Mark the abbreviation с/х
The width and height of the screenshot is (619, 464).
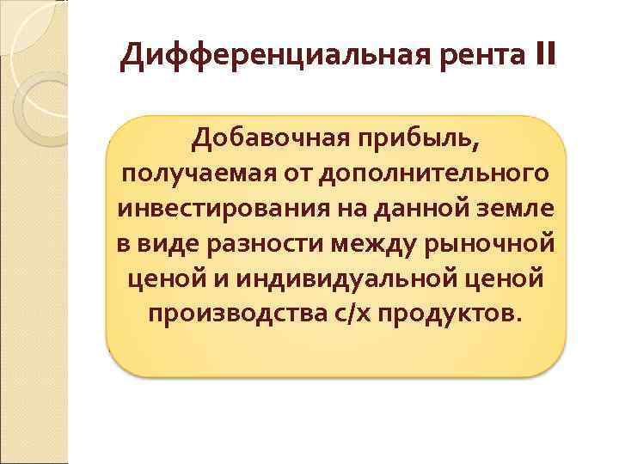(338, 314)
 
